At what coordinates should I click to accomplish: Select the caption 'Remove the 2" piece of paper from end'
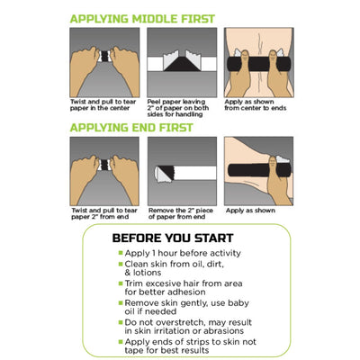pos(180,213)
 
